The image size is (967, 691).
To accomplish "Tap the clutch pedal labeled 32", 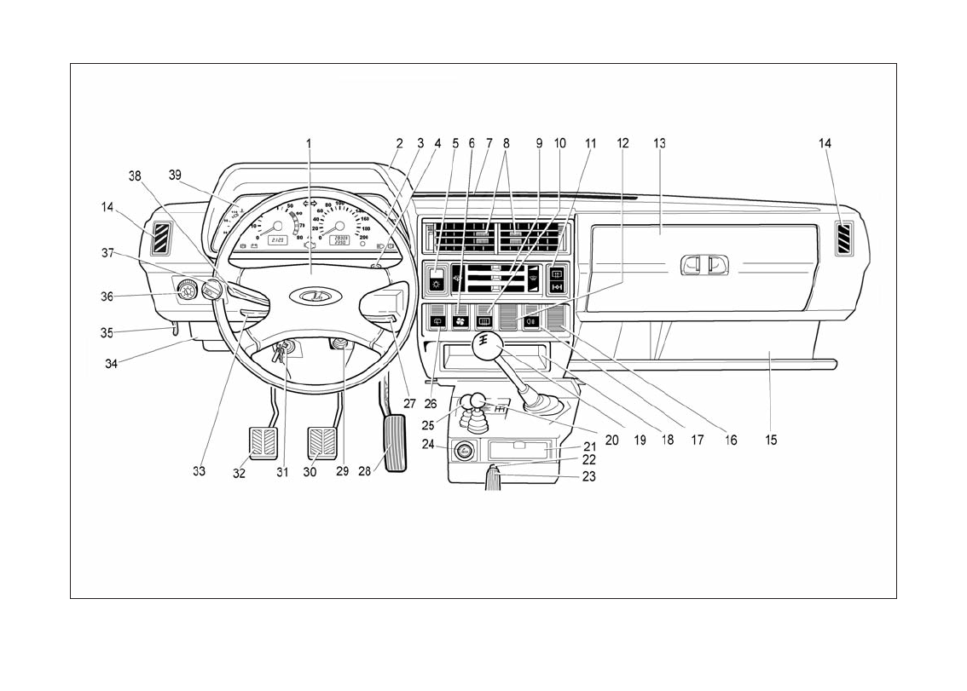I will coord(264,444).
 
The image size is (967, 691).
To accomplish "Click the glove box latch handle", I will coord(704,266).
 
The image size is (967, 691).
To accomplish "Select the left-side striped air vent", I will coord(160,238).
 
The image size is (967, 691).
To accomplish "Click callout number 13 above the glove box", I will coord(659,144).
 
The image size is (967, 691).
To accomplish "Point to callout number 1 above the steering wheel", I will coord(310,144).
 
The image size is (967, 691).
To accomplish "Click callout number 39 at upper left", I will coord(175,175).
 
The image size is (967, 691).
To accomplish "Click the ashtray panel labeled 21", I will coord(520,450).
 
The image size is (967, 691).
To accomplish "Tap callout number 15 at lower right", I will coord(771,441).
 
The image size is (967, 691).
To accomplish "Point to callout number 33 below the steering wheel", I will coord(199,470).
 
